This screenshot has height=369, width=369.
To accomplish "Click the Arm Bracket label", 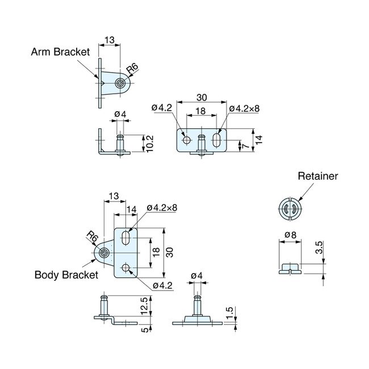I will (60, 52).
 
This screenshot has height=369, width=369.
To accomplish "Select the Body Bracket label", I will (66, 275).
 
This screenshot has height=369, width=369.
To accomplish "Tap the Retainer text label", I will (318, 176).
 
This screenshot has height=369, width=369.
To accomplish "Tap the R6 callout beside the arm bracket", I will (132, 70).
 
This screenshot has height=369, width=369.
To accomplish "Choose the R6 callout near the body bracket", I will (92, 237).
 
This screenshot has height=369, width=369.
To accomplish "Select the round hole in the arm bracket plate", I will (186, 139).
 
